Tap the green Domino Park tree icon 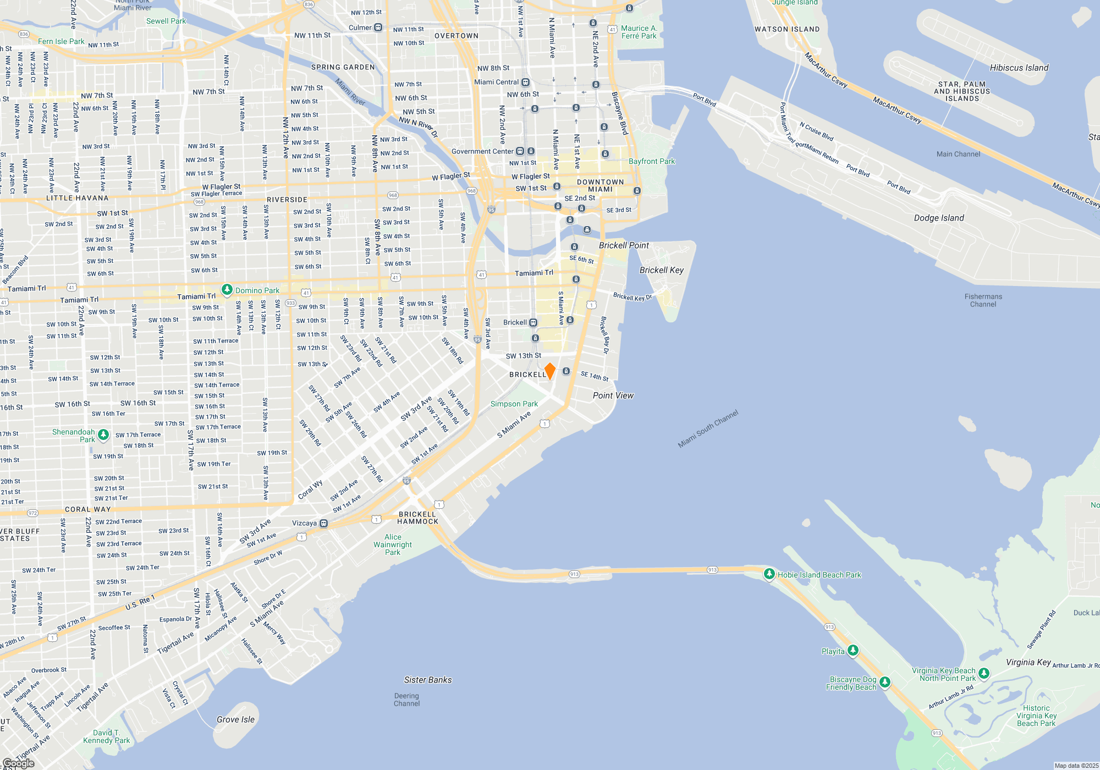pos(227,290)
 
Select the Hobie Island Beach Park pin pos(769,574)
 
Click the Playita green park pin pos(853,651)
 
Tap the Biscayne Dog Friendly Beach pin pos(884,683)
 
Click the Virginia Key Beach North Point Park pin pos(984,673)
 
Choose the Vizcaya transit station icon pos(324,524)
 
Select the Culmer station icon pos(378,28)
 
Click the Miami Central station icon pos(525,82)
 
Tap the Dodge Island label pos(939,218)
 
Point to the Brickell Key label pos(661,270)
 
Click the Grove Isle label pos(235,719)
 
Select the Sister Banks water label pos(428,680)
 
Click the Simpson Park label pos(514,404)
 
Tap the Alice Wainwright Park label pos(393,544)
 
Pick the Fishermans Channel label pos(983,300)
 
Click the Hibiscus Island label pos(1019,68)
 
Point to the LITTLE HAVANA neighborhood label pos(78,198)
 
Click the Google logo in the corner pos(18,763)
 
